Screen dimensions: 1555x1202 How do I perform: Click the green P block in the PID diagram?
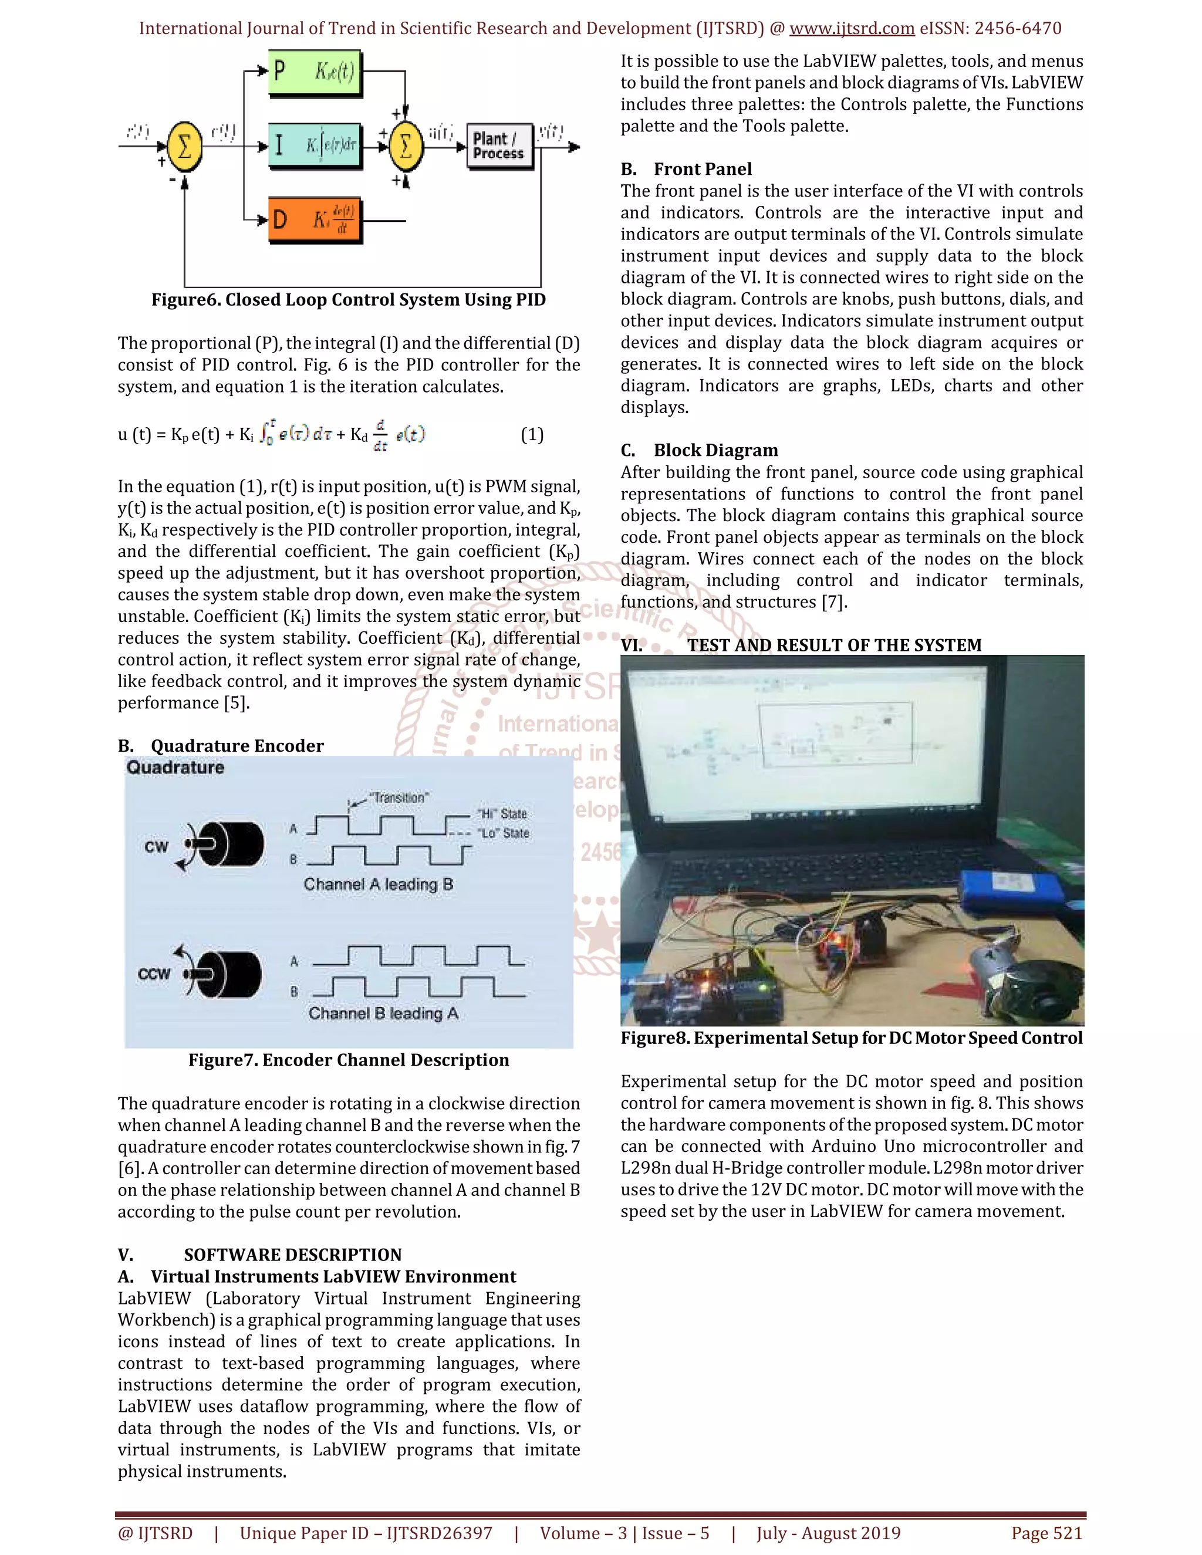point(314,72)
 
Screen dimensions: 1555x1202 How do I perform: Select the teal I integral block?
point(314,146)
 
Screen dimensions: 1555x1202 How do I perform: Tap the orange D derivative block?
point(314,220)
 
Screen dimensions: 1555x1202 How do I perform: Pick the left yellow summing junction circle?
point(184,147)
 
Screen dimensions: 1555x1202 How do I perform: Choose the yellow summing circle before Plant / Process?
point(406,147)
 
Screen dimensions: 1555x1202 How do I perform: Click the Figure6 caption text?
point(348,300)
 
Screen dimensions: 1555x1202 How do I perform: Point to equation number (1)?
point(532,434)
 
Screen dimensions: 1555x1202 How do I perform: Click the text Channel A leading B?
point(378,884)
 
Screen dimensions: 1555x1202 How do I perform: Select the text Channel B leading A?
point(383,1013)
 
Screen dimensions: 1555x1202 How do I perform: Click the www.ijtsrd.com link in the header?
point(852,29)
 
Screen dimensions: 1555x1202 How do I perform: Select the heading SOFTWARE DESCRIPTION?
point(293,1255)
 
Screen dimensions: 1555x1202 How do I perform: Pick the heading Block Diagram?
point(715,450)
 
